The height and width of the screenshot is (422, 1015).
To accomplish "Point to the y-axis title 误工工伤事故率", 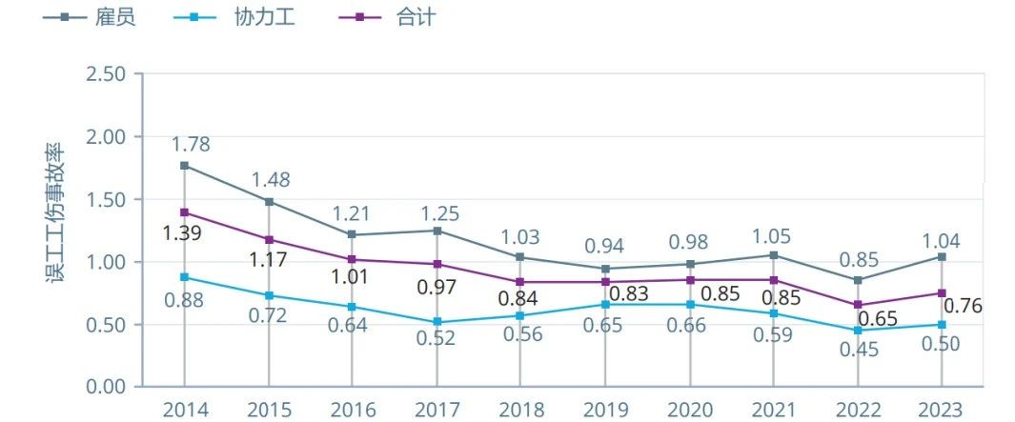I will [x=55, y=214].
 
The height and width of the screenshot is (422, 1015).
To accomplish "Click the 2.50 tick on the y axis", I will [x=106, y=74].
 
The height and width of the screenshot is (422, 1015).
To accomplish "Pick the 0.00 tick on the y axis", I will [x=106, y=387].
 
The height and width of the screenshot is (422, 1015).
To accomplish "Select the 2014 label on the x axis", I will [x=184, y=411].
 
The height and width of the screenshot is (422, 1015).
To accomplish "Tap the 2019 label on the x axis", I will [x=605, y=411].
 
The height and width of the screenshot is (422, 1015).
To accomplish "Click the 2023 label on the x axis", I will [x=942, y=411].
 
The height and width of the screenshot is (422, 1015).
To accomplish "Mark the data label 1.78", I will [x=191, y=145].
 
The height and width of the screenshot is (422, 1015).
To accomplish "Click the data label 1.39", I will [x=181, y=232].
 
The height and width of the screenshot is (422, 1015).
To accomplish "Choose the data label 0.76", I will [x=963, y=306].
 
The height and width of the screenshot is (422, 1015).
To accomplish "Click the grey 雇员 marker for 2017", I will [x=436, y=231].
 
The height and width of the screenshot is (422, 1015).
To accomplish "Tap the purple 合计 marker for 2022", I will [x=858, y=305].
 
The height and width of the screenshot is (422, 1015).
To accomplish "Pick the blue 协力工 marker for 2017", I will [x=436, y=322].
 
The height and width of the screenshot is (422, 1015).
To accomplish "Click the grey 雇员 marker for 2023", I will [x=942, y=257].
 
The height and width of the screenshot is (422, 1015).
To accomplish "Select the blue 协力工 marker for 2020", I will [x=689, y=304].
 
